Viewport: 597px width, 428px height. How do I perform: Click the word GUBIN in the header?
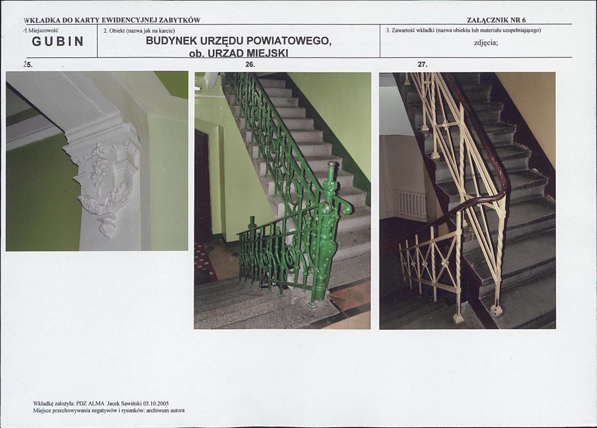coord(57,41)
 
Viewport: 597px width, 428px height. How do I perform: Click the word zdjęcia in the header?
coord(486,43)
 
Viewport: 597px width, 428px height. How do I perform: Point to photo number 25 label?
coord(28,64)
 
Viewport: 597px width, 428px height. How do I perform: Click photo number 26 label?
coord(250,64)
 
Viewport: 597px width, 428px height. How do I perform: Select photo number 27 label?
coord(423,64)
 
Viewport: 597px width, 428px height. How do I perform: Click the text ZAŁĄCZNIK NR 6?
coord(496,20)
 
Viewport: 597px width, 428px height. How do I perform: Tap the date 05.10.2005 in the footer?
coord(155,404)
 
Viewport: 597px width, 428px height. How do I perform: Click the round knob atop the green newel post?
coord(331,164)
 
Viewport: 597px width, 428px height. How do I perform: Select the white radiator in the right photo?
coord(412,205)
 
